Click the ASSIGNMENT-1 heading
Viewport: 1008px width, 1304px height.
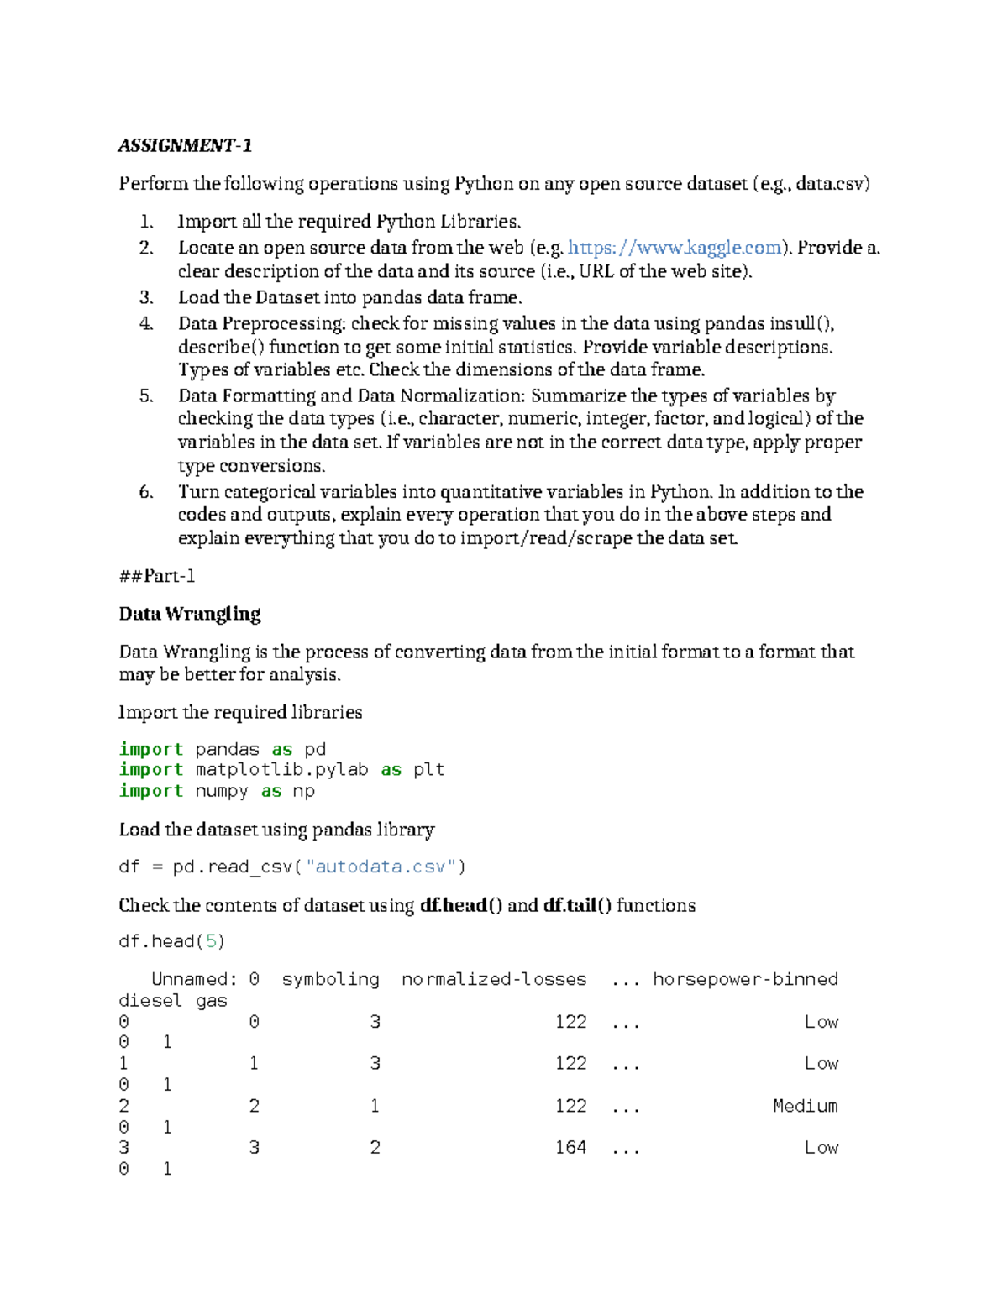point(185,145)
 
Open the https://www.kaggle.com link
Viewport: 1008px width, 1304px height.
point(675,248)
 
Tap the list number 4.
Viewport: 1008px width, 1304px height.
point(146,324)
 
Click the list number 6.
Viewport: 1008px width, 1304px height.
point(146,492)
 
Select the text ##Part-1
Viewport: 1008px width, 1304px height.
point(157,576)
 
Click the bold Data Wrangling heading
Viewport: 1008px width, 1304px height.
point(190,614)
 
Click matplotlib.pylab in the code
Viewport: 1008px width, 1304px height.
point(281,770)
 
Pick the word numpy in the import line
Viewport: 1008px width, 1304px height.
point(221,791)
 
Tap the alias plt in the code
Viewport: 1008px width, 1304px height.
point(428,770)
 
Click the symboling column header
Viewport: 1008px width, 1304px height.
point(330,980)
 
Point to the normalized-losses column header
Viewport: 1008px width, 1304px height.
point(494,980)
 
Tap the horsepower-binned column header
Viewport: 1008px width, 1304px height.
point(745,980)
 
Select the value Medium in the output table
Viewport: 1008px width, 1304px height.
point(805,1106)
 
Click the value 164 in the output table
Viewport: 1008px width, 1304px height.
point(570,1148)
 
